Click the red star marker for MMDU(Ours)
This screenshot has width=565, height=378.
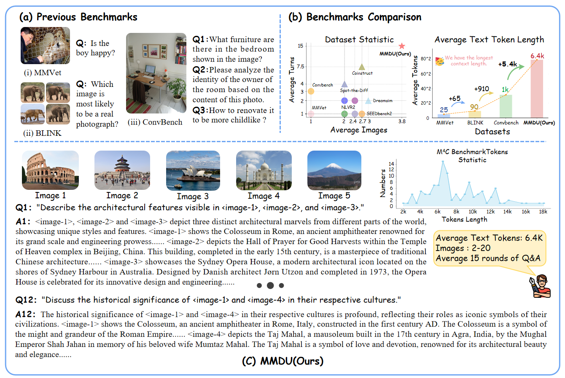click(402, 46)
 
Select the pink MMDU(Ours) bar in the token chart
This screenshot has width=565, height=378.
click(536, 89)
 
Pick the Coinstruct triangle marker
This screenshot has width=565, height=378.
click(361, 67)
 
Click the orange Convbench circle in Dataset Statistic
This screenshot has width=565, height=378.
click(311, 91)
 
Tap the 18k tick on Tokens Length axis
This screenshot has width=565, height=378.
click(544, 212)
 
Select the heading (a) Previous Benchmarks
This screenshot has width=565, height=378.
click(78, 17)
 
